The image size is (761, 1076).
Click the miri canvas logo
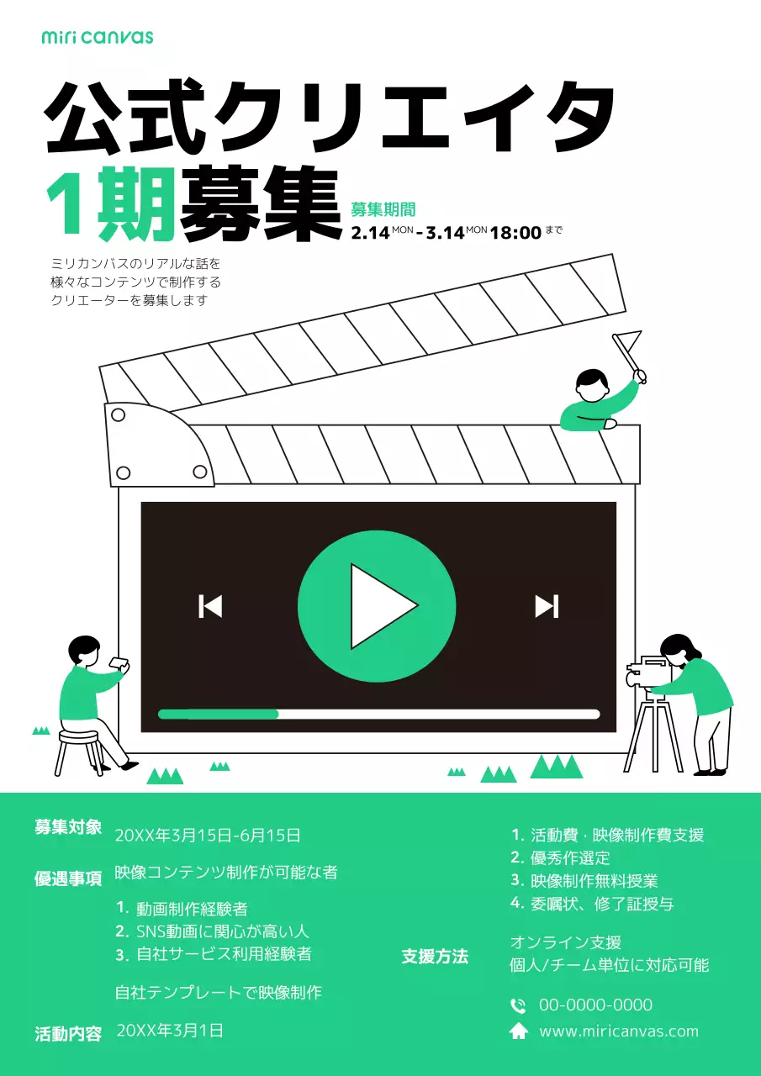click(x=98, y=37)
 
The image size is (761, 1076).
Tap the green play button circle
click(x=376, y=606)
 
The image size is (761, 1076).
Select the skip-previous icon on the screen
click(x=210, y=606)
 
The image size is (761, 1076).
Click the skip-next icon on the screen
click(x=547, y=606)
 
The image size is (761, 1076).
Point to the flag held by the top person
click(x=628, y=343)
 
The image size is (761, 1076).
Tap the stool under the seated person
click(x=78, y=750)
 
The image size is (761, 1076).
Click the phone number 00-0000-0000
click(x=595, y=1005)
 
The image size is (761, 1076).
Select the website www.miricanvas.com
click(x=618, y=1031)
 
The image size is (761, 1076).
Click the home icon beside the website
click(x=519, y=1031)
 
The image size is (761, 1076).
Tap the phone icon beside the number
click(x=519, y=1005)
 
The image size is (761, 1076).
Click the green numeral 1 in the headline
click(x=66, y=204)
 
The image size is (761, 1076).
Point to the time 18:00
click(x=515, y=233)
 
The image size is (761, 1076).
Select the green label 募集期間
click(x=383, y=210)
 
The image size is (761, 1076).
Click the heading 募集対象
click(x=68, y=827)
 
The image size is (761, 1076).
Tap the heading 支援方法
click(x=435, y=957)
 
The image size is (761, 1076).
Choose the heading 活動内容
click(x=68, y=1034)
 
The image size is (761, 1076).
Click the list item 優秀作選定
click(x=570, y=858)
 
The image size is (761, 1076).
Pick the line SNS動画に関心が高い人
click(x=223, y=931)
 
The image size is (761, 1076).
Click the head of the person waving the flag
click(x=593, y=385)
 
